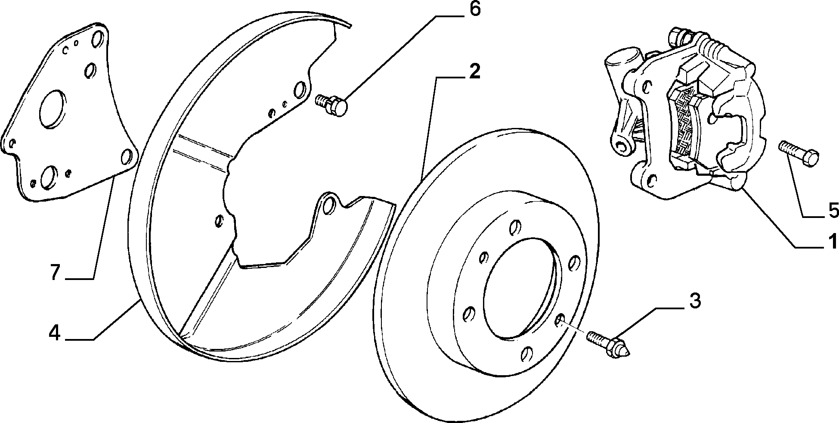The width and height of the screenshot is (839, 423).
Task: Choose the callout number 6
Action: click(474, 9)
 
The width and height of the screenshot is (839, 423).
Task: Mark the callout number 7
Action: click(55, 273)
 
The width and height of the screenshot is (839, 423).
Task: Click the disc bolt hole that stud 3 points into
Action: click(559, 320)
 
